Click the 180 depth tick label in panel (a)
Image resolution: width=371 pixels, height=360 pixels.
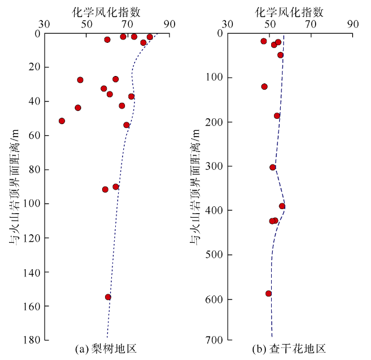coord(31,340)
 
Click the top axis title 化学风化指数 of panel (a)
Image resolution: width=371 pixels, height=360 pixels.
coord(107,10)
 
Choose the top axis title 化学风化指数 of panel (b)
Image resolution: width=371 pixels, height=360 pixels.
coord(290,10)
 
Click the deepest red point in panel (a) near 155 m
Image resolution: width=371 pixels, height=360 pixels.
coord(108,297)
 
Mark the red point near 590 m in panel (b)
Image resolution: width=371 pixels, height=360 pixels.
coord(269,294)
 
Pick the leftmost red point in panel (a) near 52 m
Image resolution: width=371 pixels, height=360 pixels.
coord(62,121)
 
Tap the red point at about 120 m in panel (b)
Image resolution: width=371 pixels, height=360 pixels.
coord(264,87)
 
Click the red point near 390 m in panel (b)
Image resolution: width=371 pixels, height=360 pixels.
coord(282,206)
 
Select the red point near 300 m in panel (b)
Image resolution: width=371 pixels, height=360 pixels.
coord(273,167)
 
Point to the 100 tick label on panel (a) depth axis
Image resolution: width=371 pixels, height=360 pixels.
coord(31,203)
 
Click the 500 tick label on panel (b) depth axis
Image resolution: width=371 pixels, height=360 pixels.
coord(214,255)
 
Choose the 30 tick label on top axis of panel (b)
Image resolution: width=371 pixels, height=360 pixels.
coord(227,25)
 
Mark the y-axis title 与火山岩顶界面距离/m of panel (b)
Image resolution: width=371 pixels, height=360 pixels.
coord(196,186)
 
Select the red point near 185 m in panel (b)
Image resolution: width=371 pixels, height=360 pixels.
coord(277,116)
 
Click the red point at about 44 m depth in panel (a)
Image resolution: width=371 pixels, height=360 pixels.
coord(78,108)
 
